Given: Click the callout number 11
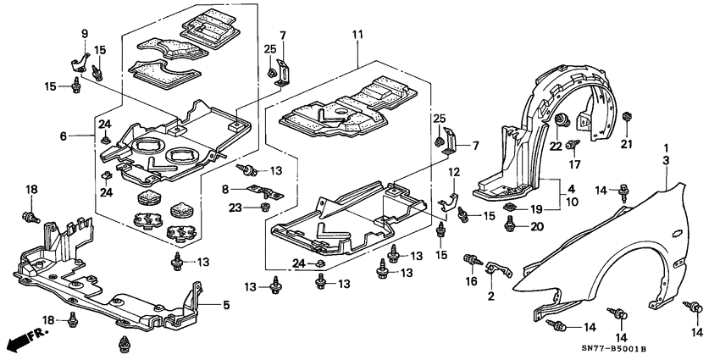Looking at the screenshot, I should pos(357,35).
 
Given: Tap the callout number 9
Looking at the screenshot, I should pos(85,34).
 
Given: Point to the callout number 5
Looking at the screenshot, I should pos(225,305).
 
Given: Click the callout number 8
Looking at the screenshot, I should pos(226,189).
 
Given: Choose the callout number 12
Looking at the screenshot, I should pos(454,173).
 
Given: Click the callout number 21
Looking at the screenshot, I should pos(627,145).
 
